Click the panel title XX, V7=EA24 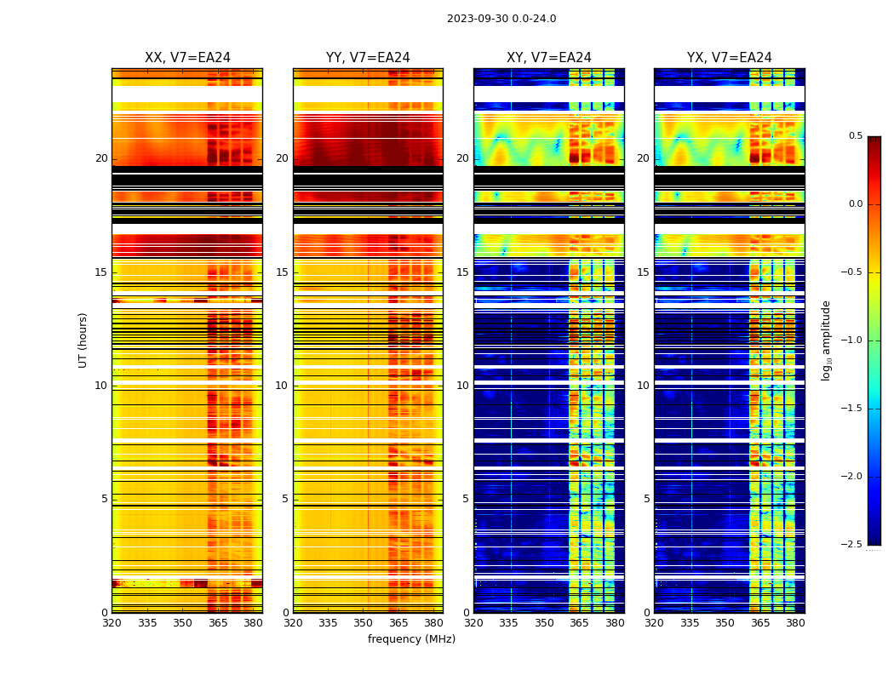(x=187, y=58)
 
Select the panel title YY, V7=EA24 (x=368, y=58)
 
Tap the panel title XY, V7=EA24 (x=549, y=58)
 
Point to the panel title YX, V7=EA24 (x=730, y=58)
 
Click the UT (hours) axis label (x=83, y=340)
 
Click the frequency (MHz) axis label (x=411, y=639)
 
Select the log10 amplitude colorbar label (x=825, y=340)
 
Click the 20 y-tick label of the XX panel (x=101, y=158)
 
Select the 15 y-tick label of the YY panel (x=282, y=272)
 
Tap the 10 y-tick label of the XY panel (x=462, y=386)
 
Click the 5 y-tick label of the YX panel (x=646, y=499)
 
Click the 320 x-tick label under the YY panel (x=293, y=623)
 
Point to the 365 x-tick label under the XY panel (x=579, y=623)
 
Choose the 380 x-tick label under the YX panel (x=795, y=623)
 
